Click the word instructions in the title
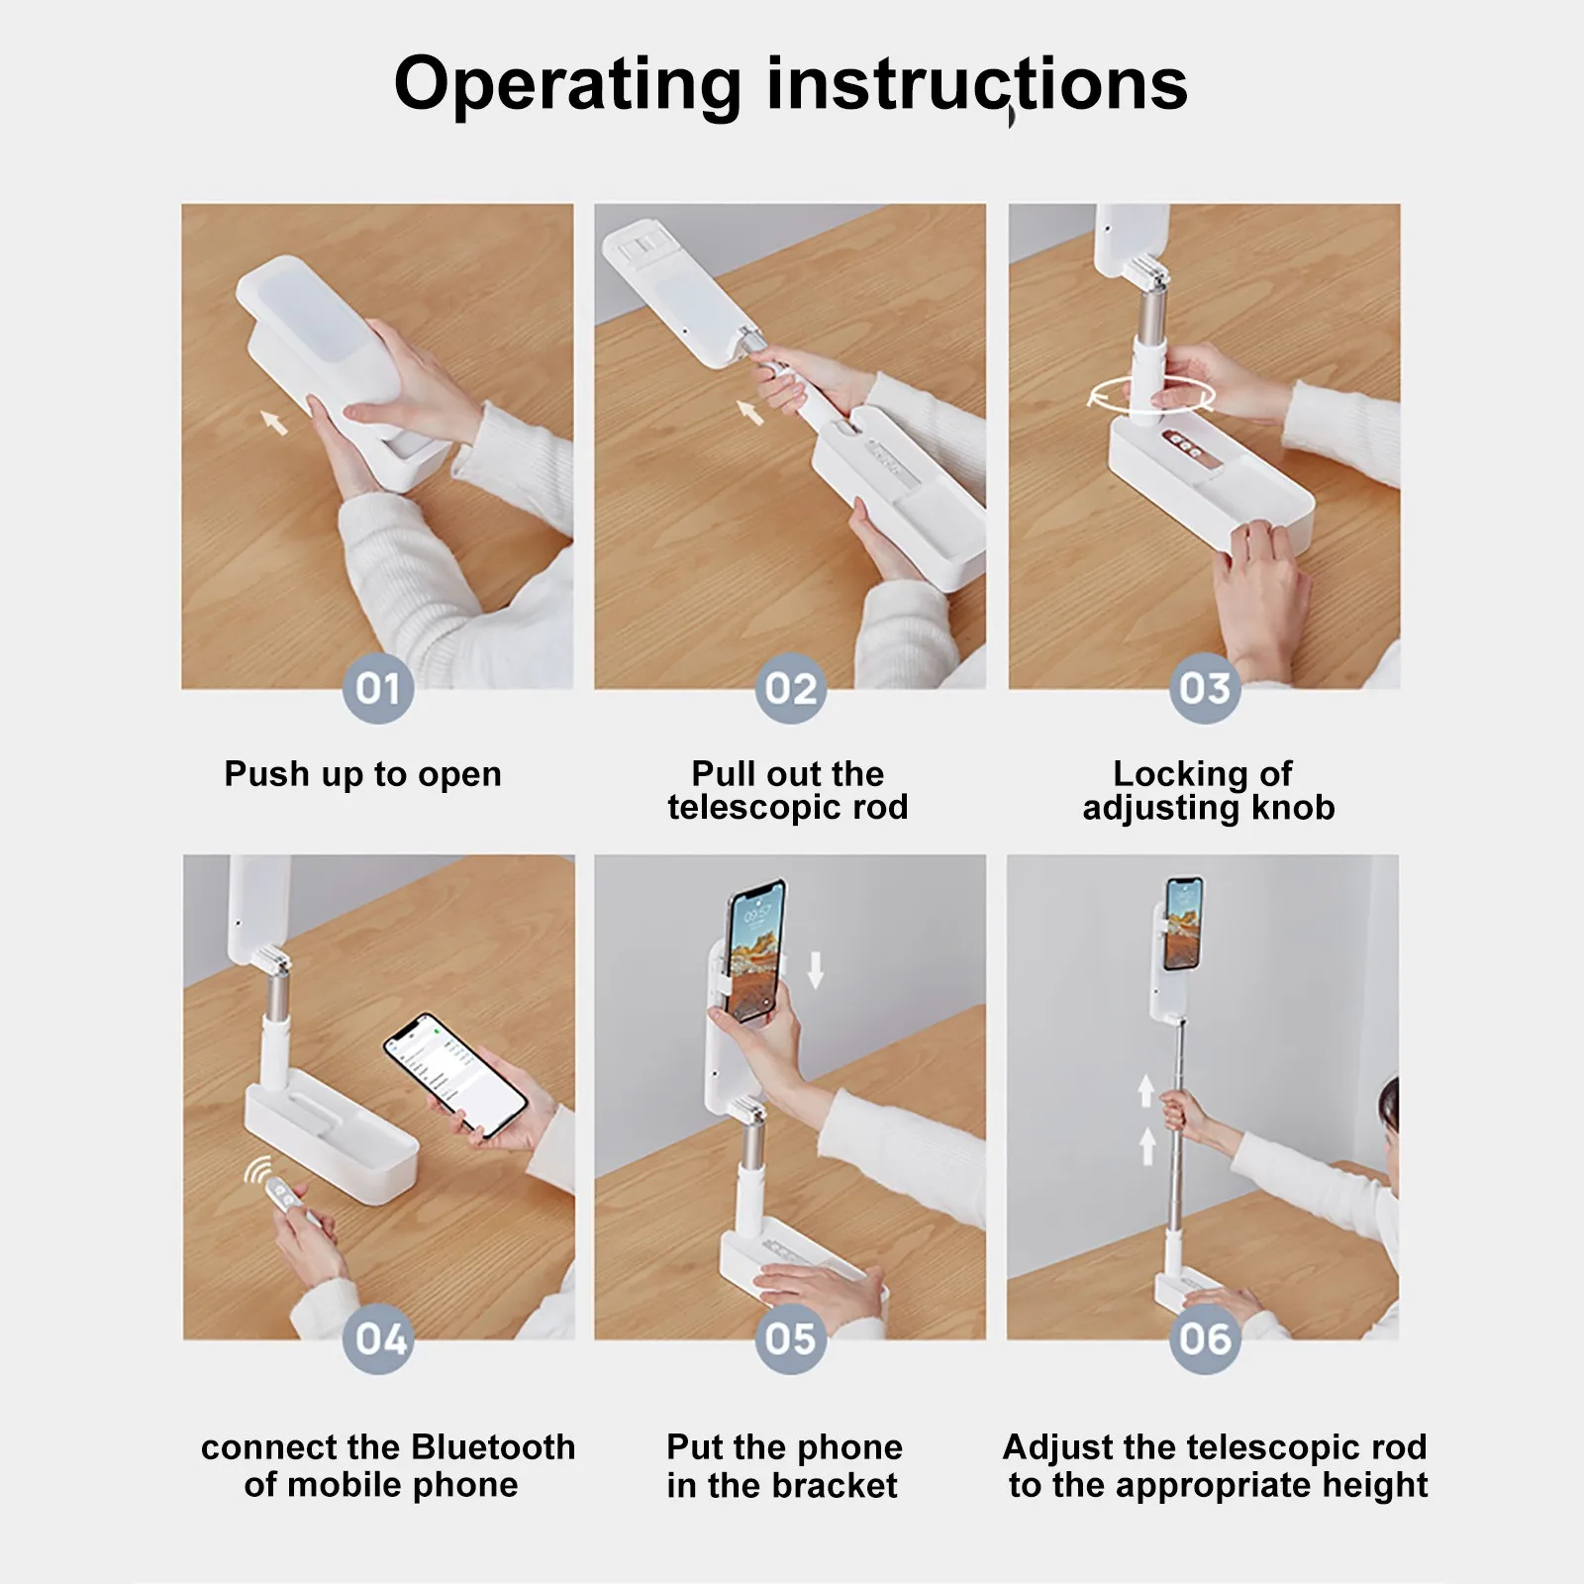pyautogui.click(x=977, y=84)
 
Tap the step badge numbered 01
pyautogui.click(x=377, y=688)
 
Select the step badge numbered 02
pyautogui.click(x=790, y=688)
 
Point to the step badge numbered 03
pyautogui.click(x=1204, y=688)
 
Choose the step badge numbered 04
pyautogui.click(x=379, y=1338)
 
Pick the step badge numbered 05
pyautogui.click(x=790, y=1338)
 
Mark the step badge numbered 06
pyautogui.click(x=1204, y=1338)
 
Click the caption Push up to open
pyautogui.click(x=362, y=774)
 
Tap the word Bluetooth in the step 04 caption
pyautogui.click(x=493, y=1447)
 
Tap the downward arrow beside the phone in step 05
pyautogui.click(x=815, y=970)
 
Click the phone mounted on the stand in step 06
pyautogui.click(x=1183, y=923)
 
